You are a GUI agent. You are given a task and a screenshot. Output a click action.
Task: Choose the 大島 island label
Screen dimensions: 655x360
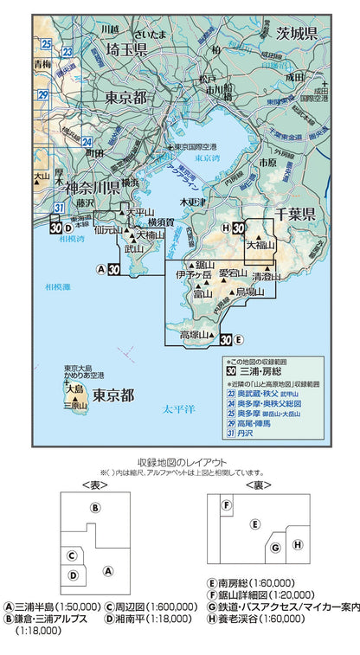coord(75,389)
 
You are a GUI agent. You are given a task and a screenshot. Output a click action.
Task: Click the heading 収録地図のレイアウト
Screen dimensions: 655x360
coord(180,463)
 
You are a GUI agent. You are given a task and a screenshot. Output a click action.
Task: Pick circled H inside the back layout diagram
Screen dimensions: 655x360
coord(297,544)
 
